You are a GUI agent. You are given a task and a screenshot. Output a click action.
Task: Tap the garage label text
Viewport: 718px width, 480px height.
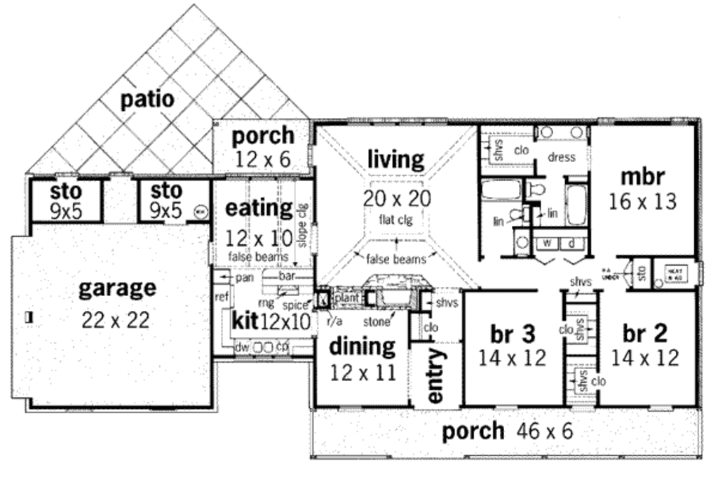click(x=116, y=288)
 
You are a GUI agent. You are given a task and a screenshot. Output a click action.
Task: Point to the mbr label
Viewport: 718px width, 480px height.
click(x=642, y=175)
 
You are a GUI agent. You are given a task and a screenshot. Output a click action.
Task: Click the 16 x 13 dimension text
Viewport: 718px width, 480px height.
click(x=643, y=202)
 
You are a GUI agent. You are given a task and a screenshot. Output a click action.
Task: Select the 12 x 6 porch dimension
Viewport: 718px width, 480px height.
click(x=263, y=160)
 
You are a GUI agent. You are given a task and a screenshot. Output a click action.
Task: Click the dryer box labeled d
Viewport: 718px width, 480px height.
click(x=571, y=244)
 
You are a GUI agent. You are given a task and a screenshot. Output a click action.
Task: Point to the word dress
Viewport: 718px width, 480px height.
click(x=562, y=157)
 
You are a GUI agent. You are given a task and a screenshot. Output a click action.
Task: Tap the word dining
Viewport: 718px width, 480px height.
click(x=362, y=346)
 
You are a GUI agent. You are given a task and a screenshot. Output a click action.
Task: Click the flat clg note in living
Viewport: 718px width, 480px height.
click(x=397, y=220)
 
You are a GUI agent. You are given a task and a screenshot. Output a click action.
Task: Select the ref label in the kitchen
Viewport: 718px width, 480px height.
click(x=222, y=297)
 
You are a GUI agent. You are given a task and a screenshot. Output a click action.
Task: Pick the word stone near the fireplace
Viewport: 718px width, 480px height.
click(x=376, y=322)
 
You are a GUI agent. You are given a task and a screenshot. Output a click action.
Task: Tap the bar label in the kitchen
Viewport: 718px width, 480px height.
click(x=287, y=277)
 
